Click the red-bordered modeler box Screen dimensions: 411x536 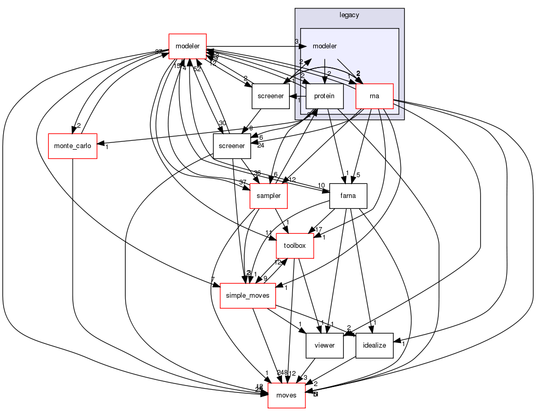point(187,46)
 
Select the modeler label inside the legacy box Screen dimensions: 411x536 point(325,46)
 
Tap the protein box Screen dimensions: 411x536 point(325,96)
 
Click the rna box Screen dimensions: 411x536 point(374,96)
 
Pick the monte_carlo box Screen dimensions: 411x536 point(72,146)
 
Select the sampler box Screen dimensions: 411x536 point(269,196)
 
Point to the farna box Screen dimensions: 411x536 point(348,196)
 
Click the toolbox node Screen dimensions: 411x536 point(294,246)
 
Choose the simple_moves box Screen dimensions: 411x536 point(248,296)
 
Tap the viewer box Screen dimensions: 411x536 point(325,346)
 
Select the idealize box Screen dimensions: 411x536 point(374,346)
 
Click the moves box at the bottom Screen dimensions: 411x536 point(286,395)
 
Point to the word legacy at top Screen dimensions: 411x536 point(349,15)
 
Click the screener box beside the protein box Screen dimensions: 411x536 point(271,96)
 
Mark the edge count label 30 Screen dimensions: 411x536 point(222,123)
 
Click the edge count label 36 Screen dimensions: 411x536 point(257,173)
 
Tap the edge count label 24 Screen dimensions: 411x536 point(261,145)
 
